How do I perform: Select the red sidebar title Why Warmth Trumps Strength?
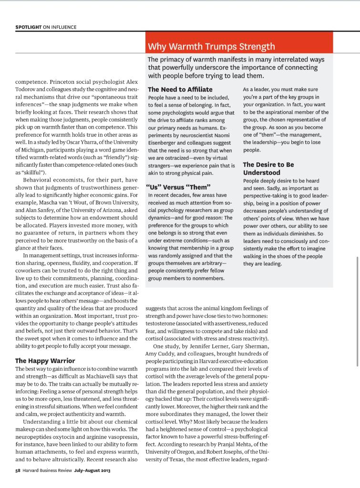point(211,46)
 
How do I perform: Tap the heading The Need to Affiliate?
point(180,89)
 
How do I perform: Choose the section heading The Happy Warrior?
point(45,360)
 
